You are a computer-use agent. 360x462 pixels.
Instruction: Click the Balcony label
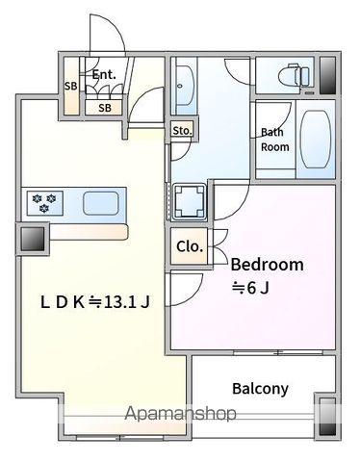(x=260, y=389)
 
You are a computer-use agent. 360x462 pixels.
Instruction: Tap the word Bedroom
(x=267, y=265)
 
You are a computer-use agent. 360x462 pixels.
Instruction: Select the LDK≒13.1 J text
(x=95, y=302)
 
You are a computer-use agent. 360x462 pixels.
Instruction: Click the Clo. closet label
(x=190, y=246)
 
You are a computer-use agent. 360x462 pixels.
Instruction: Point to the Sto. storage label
(x=182, y=131)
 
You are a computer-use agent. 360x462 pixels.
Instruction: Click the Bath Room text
(x=274, y=140)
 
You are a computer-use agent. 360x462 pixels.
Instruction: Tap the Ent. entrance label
(x=104, y=75)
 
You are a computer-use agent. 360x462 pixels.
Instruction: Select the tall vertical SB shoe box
(x=71, y=86)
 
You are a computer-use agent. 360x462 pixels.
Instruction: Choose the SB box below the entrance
(x=104, y=108)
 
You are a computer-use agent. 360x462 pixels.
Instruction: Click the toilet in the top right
(x=296, y=75)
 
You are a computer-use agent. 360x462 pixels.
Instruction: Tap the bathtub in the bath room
(x=316, y=139)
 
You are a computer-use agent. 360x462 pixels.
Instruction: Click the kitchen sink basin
(x=101, y=202)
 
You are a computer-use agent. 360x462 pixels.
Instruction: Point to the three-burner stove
(x=45, y=203)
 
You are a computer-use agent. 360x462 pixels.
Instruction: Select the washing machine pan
(x=190, y=201)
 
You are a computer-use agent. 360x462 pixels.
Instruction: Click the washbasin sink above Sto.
(x=185, y=86)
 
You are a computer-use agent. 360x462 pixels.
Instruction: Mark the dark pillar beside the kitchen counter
(x=33, y=239)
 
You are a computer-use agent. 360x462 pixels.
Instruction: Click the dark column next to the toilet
(x=327, y=75)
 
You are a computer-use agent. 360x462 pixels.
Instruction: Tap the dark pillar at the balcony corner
(x=327, y=416)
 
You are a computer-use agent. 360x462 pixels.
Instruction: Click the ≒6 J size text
(x=250, y=288)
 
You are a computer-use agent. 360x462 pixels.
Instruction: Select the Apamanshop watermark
(x=180, y=414)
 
